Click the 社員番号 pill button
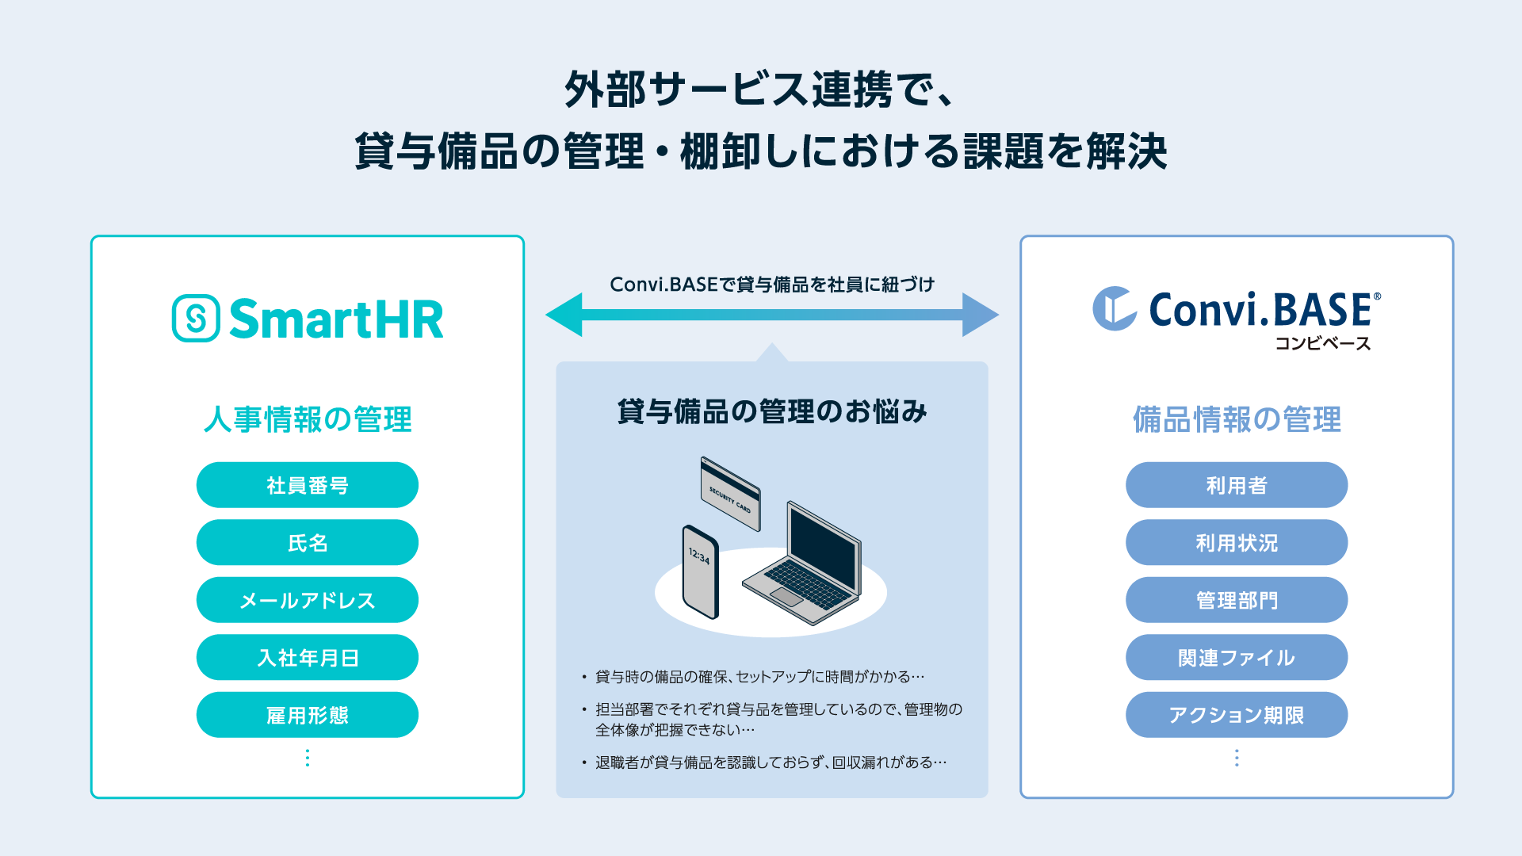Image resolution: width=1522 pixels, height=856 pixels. point(307,485)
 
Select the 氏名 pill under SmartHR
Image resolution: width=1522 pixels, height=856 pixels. point(307,543)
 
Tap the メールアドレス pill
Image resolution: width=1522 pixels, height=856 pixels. point(307,600)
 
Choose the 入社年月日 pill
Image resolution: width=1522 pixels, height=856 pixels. point(307,658)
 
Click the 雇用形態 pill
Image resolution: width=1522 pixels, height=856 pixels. point(307,715)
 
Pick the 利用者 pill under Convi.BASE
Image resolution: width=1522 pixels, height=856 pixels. point(1236,485)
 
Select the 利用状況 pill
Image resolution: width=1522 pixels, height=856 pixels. point(1236,543)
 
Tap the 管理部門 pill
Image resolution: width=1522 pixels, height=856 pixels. point(1236,600)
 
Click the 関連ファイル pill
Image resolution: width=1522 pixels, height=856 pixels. point(1236,658)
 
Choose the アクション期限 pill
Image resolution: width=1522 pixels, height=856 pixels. point(1236,715)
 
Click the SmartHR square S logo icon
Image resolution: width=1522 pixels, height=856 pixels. point(196,319)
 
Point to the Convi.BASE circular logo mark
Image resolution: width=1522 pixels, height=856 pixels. point(1114,308)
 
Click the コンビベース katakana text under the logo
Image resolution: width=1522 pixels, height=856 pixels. point(1322,344)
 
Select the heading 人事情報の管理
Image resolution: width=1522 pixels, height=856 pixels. point(308,419)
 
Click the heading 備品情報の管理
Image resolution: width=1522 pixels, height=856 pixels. point(1236,419)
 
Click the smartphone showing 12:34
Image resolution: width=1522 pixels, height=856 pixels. point(701,571)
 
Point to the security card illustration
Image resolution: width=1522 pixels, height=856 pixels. point(730,493)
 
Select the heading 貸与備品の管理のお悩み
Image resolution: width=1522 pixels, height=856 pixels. point(771,411)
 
